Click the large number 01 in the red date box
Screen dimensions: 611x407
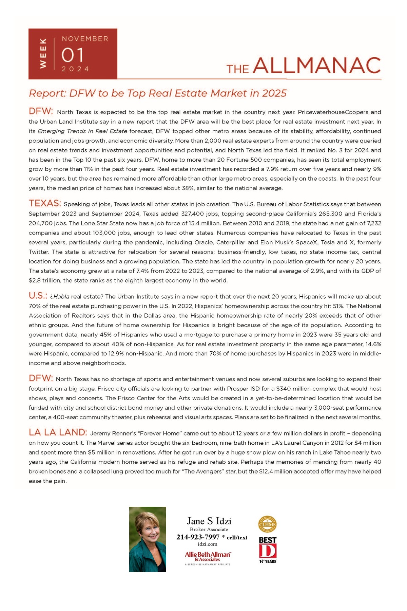[x=72, y=55]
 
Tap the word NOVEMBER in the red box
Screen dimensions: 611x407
[x=85, y=39]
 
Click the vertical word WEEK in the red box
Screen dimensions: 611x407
[x=43, y=53]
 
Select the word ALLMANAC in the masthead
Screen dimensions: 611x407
[x=317, y=66]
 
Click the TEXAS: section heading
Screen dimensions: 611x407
[x=45, y=203]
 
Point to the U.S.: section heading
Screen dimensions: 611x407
[x=38, y=296]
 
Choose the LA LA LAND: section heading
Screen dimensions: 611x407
[x=58, y=432]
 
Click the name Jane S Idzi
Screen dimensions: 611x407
[x=209, y=521]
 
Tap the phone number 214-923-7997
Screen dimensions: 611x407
[x=198, y=537]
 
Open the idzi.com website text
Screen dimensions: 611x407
[x=208, y=544]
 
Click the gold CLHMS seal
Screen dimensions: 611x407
[x=267, y=524]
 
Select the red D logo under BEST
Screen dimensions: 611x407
[x=267, y=551]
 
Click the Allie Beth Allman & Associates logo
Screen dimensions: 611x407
[x=208, y=556]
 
